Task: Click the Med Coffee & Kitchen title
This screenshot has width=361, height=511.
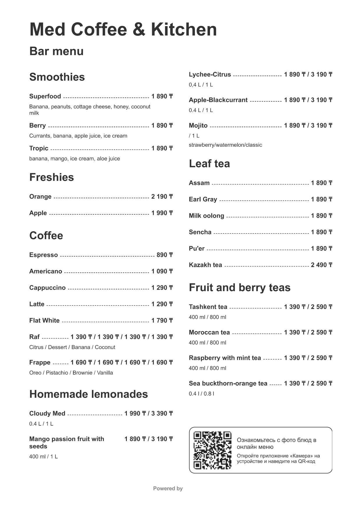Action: pyautogui.click(x=123, y=29)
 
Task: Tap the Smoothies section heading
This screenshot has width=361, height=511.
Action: pyautogui.click(x=57, y=77)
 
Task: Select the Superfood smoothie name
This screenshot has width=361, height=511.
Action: pyautogui.click(x=45, y=96)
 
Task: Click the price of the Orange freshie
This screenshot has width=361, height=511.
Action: pyautogui.click(x=162, y=197)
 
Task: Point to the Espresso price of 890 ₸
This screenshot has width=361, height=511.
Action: pyautogui.click(x=164, y=255)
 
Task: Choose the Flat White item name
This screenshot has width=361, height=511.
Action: pyautogui.click(x=44, y=321)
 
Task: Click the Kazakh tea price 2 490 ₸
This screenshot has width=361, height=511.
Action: pyautogui.click(x=321, y=265)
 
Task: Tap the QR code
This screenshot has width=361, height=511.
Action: pyautogui.click(x=212, y=450)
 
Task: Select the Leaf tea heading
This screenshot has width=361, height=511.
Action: pyautogui.click(x=209, y=164)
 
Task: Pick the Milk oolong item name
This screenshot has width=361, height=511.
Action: pyautogui.click(x=206, y=216)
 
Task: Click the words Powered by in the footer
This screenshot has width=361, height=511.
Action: pyautogui.click(x=168, y=489)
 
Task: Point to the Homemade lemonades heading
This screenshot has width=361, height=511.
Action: pyautogui.click(x=88, y=394)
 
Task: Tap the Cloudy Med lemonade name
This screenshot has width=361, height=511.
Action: pyautogui.click(x=47, y=413)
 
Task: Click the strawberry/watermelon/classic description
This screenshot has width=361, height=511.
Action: pyautogui.click(x=225, y=145)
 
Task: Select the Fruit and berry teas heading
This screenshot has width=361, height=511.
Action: pyautogui.click(x=239, y=287)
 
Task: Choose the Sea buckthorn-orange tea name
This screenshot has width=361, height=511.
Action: pyautogui.click(x=228, y=383)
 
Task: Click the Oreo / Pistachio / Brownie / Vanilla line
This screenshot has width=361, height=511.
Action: pyautogui.click(x=71, y=373)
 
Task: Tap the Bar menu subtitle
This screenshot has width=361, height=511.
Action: pyautogui.click(x=56, y=51)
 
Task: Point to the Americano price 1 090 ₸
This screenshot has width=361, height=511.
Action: pyautogui.click(x=162, y=271)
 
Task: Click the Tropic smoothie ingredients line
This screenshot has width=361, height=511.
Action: pyautogui.click(x=74, y=159)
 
